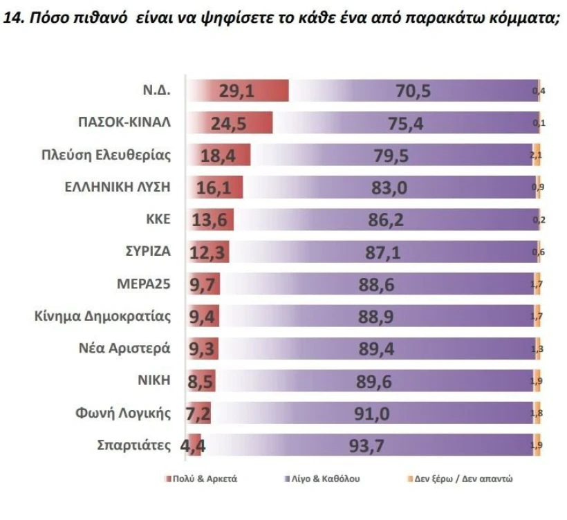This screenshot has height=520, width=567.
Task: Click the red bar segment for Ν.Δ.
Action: [239, 91]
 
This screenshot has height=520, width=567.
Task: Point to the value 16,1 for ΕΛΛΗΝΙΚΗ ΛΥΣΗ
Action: [215, 187]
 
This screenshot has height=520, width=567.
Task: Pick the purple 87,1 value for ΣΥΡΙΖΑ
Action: [383, 252]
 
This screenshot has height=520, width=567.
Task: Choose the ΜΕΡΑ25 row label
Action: [143, 284]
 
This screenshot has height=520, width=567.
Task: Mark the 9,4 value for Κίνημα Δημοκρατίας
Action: [203, 317]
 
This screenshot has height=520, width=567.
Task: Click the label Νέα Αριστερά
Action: [124, 348]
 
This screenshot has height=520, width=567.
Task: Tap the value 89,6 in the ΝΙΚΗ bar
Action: [376, 380]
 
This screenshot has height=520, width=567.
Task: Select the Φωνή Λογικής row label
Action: [123, 413]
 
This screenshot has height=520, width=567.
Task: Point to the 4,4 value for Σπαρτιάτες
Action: [193, 445]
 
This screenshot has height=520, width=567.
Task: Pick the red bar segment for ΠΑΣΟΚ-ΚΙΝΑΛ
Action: [232, 123]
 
